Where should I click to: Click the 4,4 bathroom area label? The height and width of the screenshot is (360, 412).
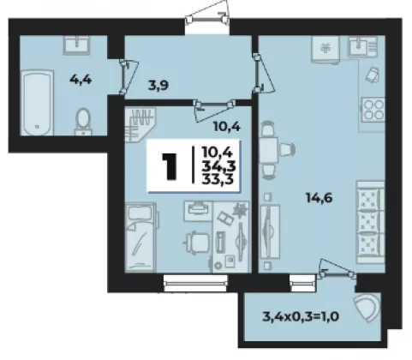(81, 79)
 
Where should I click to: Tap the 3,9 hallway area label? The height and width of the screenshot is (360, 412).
(158, 85)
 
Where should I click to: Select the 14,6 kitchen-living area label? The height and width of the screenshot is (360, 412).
(319, 197)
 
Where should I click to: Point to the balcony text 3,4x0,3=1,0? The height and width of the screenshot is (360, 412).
(301, 316)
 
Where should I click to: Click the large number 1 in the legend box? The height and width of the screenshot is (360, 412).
(170, 166)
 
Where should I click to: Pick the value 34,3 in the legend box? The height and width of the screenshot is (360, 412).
(218, 165)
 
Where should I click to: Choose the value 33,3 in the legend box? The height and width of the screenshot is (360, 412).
(218, 179)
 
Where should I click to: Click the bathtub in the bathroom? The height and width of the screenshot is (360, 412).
(37, 103)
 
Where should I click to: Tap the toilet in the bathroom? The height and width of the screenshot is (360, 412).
(83, 122)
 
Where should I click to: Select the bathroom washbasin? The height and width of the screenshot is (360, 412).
(76, 45)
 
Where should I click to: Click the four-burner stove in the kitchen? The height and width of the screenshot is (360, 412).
(373, 110)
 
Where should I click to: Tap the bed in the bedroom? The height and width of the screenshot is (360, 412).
(141, 237)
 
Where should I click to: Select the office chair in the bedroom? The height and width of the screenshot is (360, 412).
(197, 243)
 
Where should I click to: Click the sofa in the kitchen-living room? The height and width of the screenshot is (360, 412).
(370, 222)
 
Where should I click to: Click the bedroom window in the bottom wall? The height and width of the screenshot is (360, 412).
(195, 283)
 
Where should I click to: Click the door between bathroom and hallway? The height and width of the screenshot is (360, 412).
(128, 77)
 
